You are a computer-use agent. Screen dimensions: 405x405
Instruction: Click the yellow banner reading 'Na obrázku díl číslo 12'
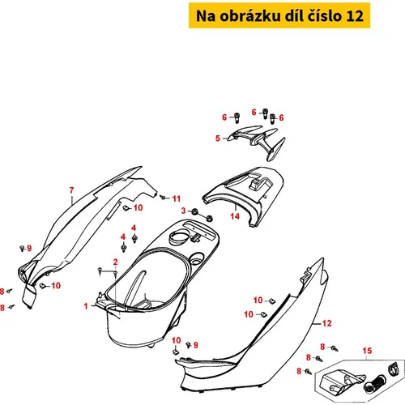[279, 15]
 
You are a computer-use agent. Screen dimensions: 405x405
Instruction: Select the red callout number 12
[327, 323]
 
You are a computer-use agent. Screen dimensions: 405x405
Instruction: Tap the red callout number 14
[235, 216]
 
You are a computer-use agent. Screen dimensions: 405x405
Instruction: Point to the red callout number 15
[367, 351]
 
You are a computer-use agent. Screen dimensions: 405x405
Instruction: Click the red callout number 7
[71, 190]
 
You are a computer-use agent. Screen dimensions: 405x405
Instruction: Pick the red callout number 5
[218, 139]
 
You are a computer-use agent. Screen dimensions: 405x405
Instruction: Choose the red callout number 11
[177, 198]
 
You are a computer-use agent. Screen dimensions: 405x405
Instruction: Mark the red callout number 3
[184, 211]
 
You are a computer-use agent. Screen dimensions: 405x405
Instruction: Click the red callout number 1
[86, 306]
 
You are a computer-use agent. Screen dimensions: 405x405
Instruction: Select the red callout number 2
[115, 262]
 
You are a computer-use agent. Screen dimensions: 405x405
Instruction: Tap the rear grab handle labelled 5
[257, 142]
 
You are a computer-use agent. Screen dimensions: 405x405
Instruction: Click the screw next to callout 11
[163, 198]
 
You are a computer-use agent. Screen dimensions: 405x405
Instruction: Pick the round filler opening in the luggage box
[178, 237]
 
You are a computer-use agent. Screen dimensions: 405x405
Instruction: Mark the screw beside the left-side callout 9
[22, 248]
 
